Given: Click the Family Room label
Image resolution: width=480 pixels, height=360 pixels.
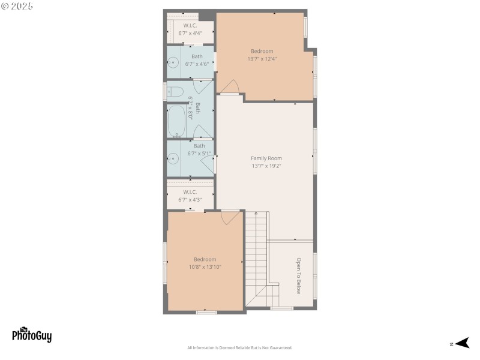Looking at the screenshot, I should [x=266, y=158].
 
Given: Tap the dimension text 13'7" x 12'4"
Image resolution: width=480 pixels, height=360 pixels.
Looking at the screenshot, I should [x=262, y=59].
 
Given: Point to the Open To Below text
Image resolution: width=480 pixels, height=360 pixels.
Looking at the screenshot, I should [x=298, y=276].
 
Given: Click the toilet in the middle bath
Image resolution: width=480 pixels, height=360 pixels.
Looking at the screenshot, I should [x=175, y=92].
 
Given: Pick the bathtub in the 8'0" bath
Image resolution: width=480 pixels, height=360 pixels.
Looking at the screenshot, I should [x=177, y=122].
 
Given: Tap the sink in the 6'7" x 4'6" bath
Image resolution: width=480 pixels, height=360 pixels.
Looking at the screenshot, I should [x=173, y=62].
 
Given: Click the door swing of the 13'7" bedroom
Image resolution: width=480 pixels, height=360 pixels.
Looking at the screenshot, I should [x=230, y=88].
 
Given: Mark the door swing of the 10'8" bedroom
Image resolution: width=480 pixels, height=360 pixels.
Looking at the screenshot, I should [x=230, y=217].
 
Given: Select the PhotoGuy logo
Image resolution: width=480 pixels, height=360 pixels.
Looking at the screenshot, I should [x=32, y=335].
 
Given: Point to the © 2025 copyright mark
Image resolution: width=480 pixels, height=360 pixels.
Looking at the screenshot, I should [x=17, y=6].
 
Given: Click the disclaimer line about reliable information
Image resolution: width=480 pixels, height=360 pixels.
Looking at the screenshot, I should [x=239, y=348].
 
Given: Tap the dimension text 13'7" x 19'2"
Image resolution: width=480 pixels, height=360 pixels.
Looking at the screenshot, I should [x=266, y=166].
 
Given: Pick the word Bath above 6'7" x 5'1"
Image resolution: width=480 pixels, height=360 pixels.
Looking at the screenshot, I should [x=199, y=146].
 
